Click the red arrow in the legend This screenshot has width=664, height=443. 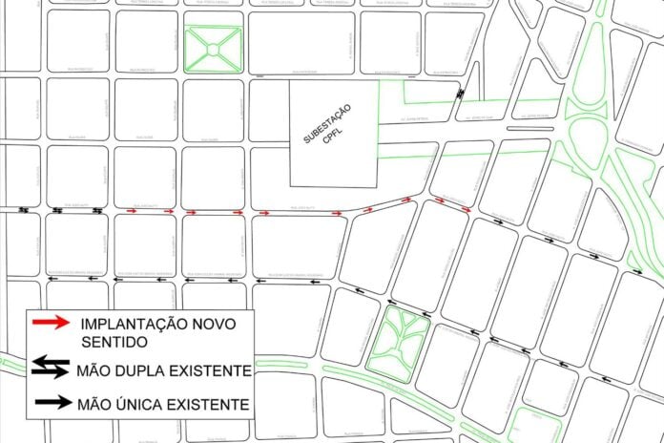click(x=50, y=323)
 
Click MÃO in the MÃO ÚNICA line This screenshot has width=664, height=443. click(x=96, y=405)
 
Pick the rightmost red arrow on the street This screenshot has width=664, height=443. click(x=466, y=208)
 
